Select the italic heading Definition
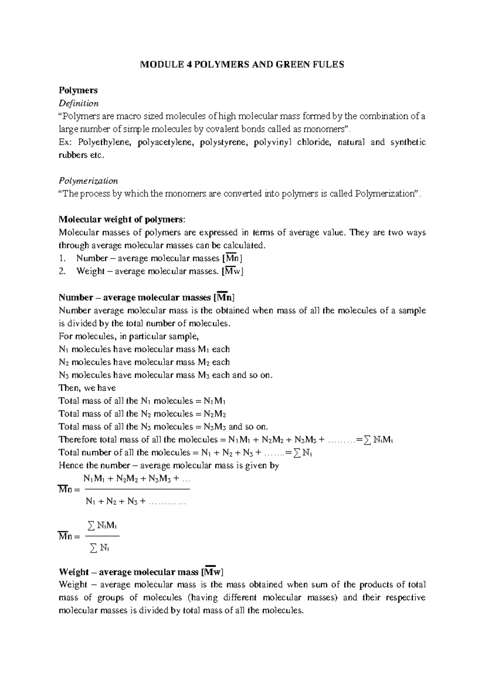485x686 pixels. pyautogui.click(x=78, y=103)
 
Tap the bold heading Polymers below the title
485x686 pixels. pyautogui.click(x=78, y=90)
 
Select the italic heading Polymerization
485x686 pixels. pyautogui.click(x=88, y=180)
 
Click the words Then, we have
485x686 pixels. pyautogui.click(x=87, y=388)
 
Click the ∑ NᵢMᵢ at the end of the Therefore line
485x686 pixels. pyautogui.click(x=378, y=440)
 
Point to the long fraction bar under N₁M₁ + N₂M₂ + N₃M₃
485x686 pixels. pyautogui.click(x=136, y=489)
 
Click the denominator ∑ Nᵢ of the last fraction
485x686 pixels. pyautogui.click(x=99, y=548)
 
